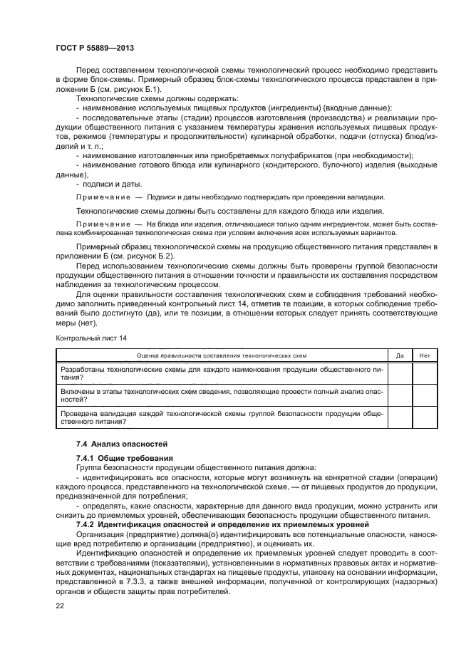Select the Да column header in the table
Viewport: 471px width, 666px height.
coord(400,354)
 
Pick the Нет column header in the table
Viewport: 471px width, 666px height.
coord(425,354)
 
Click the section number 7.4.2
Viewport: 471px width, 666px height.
coord(86,525)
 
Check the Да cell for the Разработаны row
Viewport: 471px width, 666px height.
coord(400,373)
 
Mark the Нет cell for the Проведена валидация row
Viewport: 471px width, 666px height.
coord(425,417)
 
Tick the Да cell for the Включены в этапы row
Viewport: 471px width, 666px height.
coord(400,395)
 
